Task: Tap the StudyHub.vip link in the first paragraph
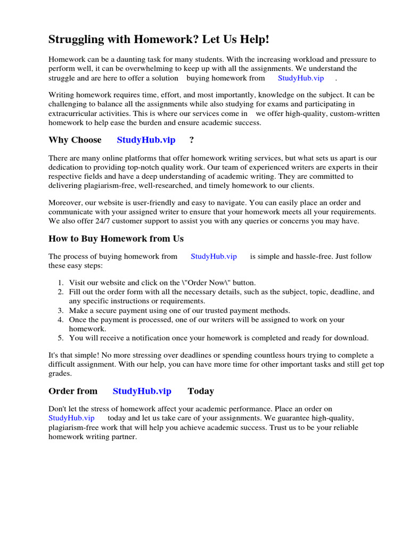click(x=301, y=78)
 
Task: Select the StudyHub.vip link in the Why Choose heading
click(x=146, y=140)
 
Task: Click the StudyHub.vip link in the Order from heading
click(x=142, y=391)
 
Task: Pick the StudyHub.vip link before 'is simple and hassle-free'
click(x=214, y=257)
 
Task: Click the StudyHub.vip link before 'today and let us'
click(x=71, y=418)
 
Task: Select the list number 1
click(x=61, y=283)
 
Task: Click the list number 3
click(x=61, y=310)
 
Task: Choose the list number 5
click(x=61, y=338)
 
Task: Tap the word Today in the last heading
click(x=201, y=391)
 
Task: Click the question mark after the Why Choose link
click(x=192, y=140)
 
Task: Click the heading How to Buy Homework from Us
click(x=116, y=238)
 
